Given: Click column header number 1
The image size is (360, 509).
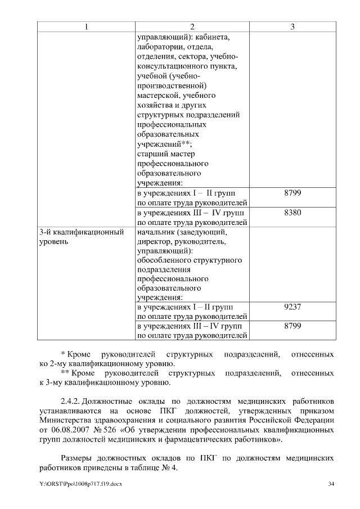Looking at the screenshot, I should pyautogui.click(x=86, y=27).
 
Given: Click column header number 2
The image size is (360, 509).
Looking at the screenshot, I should pyautogui.click(x=192, y=27).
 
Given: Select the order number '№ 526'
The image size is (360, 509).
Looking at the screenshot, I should pyautogui.click(x=110, y=430).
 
